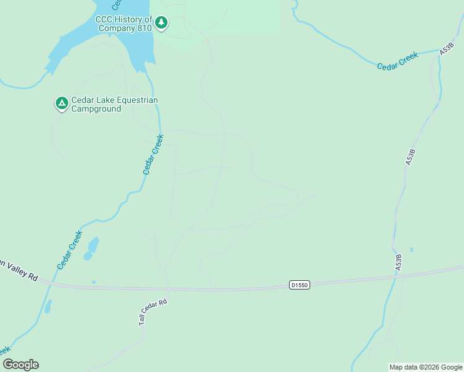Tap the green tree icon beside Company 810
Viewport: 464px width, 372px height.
coord(161,23)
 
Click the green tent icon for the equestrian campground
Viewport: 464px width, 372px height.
coord(61,103)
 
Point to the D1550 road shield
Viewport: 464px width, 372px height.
coord(299,285)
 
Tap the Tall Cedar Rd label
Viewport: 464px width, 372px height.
coord(153,312)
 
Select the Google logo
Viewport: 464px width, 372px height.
coord(20,365)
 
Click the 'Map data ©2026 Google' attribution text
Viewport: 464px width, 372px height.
coord(426,367)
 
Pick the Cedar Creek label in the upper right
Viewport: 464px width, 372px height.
coord(398,61)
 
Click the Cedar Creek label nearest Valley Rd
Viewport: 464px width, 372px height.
coord(69,250)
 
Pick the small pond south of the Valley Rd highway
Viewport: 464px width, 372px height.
coord(48,306)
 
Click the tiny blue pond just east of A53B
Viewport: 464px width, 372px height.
coord(411,250)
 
